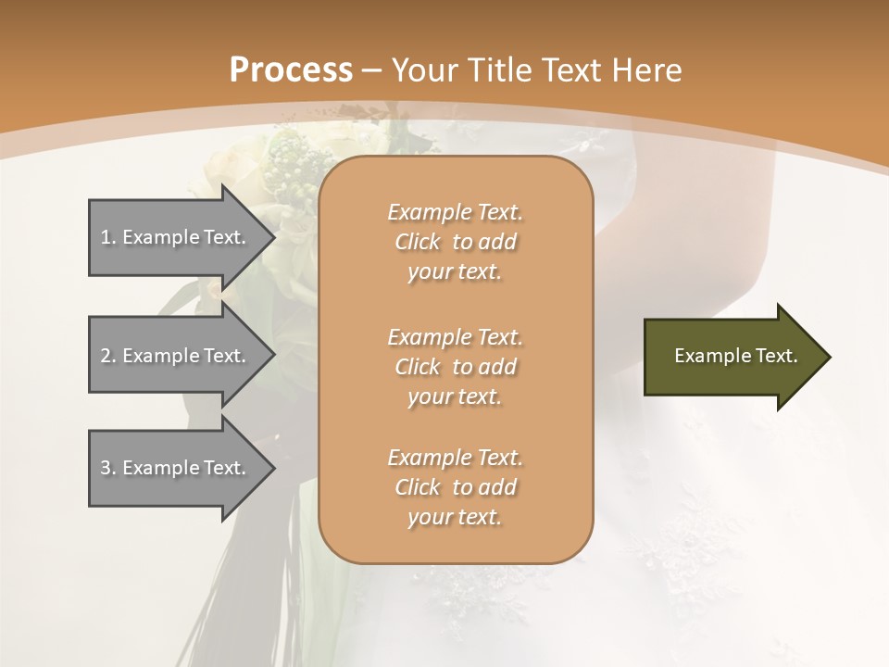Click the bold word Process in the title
(x=291, y=70)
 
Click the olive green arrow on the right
(x=732, y=357)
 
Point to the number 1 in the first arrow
(x=106, y=237)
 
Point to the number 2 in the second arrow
(x=106, y=356)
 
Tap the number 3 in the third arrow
(x=106, y=468)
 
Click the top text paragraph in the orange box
(x=455, y=242)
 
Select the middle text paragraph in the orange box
(x=455, y=367)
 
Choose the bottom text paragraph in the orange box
(x=455, y=487)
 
